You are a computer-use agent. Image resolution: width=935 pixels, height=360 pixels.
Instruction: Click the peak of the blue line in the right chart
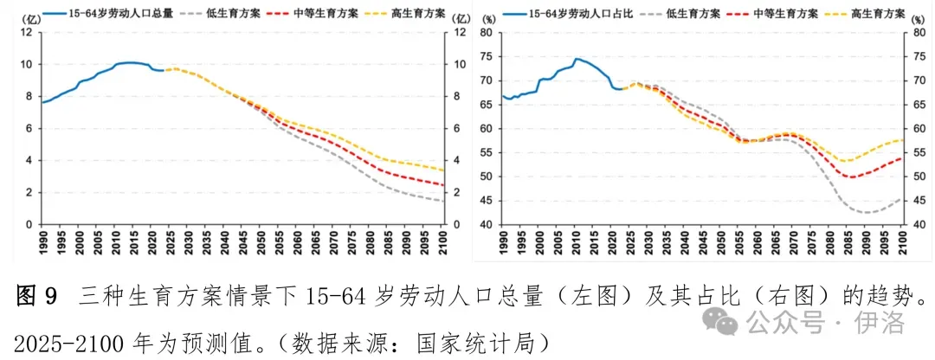tap(577, 58)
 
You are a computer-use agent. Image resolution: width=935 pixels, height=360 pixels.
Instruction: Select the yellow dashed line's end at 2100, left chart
tap(443, 170)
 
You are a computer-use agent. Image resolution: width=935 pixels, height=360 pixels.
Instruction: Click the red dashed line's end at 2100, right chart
tap(901, 158)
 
